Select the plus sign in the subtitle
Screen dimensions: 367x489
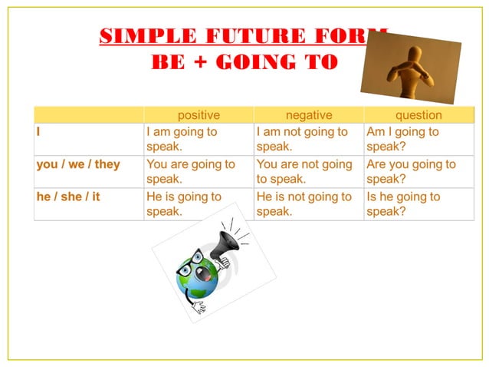click(201, 62)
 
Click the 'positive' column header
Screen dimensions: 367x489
click(199, 115)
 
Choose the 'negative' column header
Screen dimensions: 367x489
click(309, 115)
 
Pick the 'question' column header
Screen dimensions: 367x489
click(418, 115)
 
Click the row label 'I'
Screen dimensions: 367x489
click(39, 132)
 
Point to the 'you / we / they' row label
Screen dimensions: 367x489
click(78, 164)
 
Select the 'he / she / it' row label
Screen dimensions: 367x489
click(68, 197)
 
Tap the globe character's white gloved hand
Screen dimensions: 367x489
click(199, 307)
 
